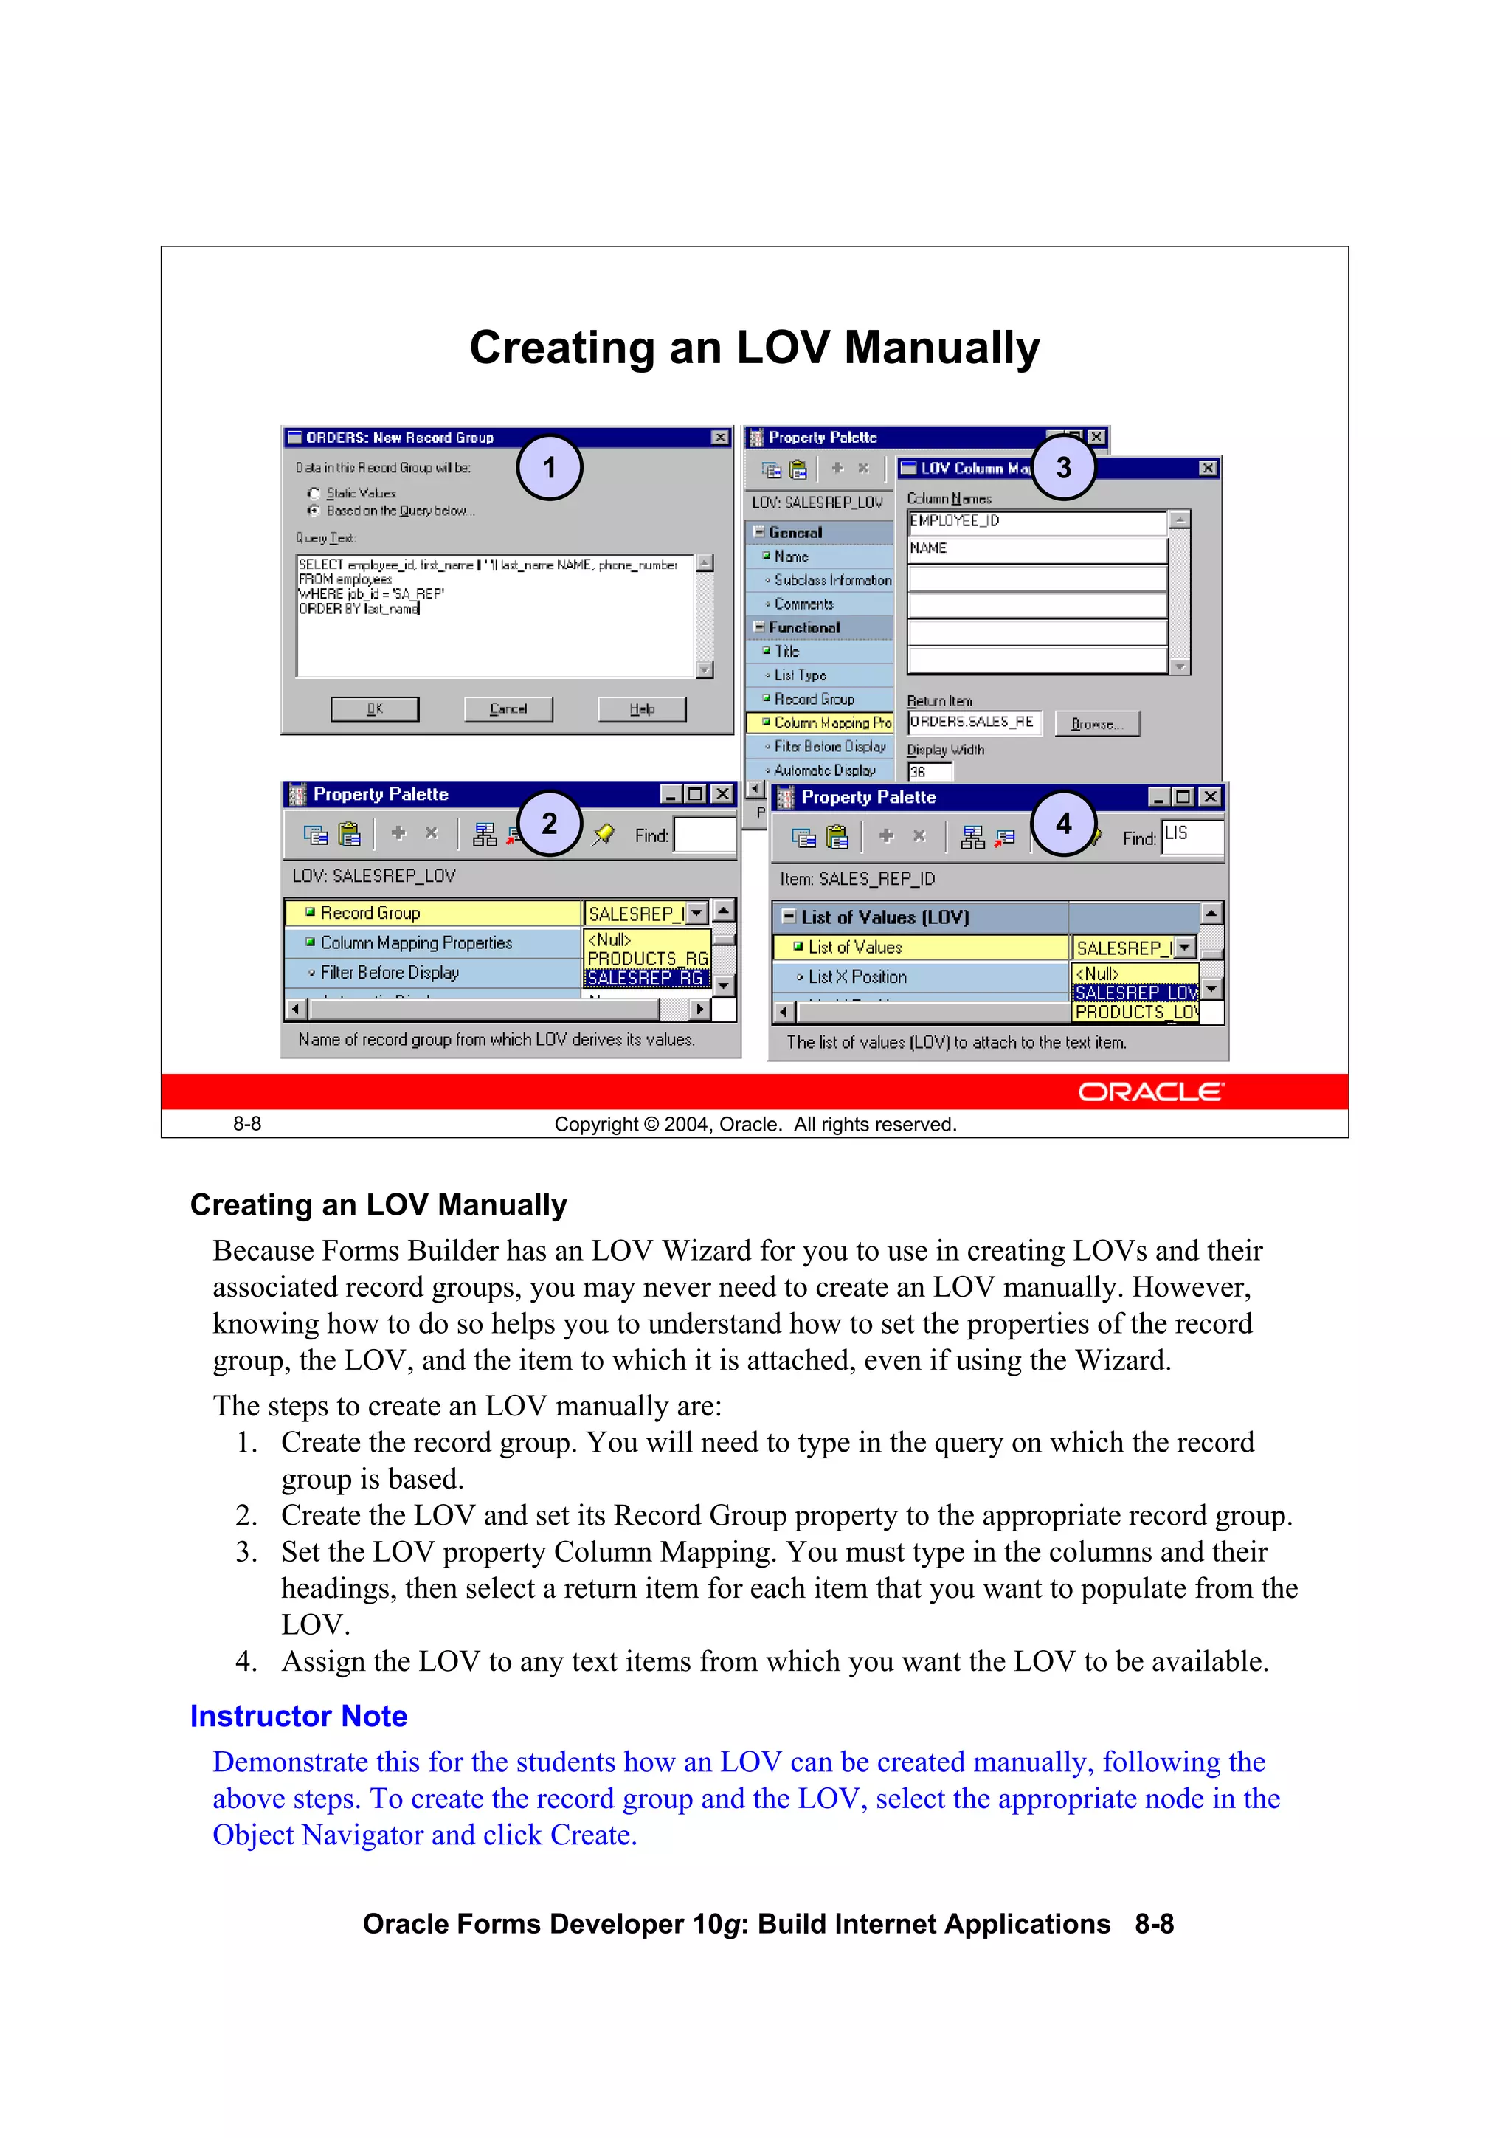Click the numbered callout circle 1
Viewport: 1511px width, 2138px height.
tap(549, 467)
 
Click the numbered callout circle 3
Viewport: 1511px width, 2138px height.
tap(1062, 467)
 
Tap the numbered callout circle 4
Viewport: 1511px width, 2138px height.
tap(1062, 823)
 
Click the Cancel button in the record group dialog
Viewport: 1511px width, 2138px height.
tap(508, 708)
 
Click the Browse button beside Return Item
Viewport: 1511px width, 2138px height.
tap(1096, 723)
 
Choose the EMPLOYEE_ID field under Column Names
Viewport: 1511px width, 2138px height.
tap(1036, 522)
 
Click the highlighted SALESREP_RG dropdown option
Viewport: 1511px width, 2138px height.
tap(646, 978)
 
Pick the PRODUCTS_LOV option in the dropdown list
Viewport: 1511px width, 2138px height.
tap(1135, 1013)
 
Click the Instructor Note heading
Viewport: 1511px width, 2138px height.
tap(299, 1715)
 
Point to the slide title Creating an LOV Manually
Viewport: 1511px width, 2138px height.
tap(754, 348)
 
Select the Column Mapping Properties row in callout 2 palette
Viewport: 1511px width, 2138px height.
tap(416, 942)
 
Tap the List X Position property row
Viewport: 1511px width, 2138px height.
tap(857, 977)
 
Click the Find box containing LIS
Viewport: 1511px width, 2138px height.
tap(1192, 835)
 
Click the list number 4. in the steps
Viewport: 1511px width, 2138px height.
tap(246, 1661)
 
